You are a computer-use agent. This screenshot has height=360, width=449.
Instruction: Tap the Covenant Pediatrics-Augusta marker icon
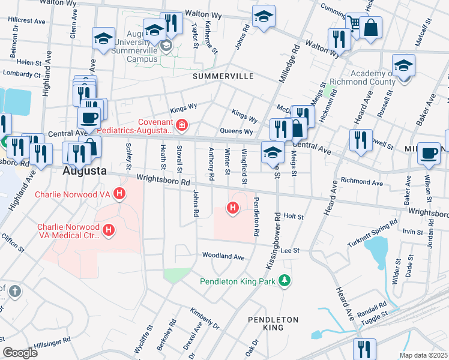pos(181,125)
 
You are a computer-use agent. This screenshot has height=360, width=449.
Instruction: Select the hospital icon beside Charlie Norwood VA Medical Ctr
pos(109,230)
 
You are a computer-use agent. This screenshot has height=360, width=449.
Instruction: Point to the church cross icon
pos(15,292)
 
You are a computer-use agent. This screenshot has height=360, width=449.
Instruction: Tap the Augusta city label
pos(85,170)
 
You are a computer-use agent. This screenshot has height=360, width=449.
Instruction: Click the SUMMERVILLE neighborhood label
pos(223,77)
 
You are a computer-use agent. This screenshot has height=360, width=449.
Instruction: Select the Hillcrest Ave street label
pos(27,20)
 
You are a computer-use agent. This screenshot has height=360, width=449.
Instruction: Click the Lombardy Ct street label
pos(21,75)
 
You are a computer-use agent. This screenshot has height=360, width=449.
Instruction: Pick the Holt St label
pos(294,216)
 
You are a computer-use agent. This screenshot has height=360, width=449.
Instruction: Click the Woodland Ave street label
pos(223,256)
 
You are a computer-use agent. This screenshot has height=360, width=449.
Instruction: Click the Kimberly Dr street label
pos(205,317)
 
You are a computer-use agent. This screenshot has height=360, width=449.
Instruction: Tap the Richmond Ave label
pos(361,181)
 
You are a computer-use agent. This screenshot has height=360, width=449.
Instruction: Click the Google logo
pos(20,352)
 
